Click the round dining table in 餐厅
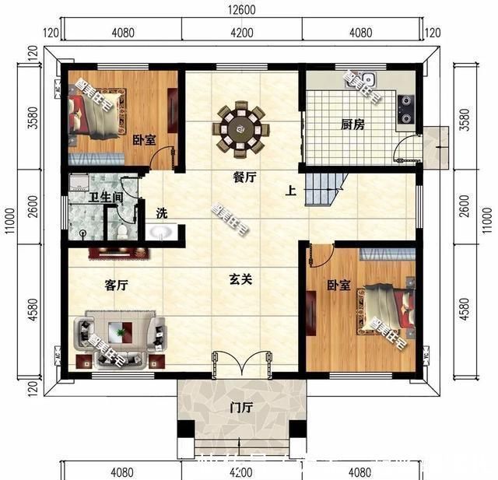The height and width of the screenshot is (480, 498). click(x=241, y=124)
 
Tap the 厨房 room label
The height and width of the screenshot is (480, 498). click(x=352, y=124)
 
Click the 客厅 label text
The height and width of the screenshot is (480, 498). click(x=115, y=286)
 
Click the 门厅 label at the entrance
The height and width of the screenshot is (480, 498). click(x=240, y=407)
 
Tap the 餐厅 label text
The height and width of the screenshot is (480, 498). click(x=245, y=177)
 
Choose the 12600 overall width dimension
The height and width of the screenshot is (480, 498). click(x=241, y=12)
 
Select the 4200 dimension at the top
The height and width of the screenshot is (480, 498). click(x=241, y=33)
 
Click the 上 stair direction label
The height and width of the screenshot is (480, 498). click(x=290, y=191)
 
